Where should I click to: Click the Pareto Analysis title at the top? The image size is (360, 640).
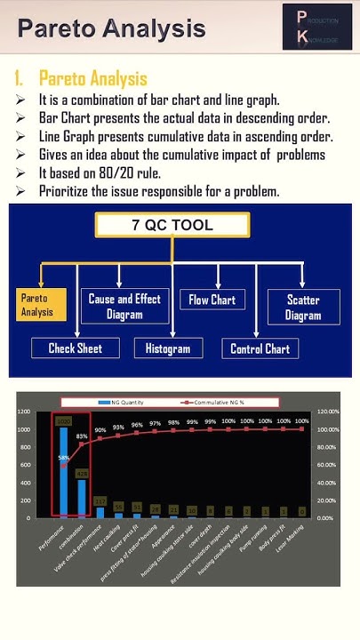111,28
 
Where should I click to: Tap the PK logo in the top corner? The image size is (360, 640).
316,27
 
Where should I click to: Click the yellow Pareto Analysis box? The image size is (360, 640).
39,305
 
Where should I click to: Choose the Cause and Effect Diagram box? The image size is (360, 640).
124,307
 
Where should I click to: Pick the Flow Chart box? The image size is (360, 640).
212,300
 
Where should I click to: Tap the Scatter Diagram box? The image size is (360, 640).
302,307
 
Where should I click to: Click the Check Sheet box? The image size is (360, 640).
75,348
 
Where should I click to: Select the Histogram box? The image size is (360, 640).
167,348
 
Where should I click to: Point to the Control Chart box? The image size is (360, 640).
260,348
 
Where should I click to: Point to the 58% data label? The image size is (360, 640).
64,459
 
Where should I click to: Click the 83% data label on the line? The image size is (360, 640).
82,436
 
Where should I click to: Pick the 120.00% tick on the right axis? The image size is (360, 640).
328,412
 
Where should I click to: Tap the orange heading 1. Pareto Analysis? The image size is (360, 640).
81,78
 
